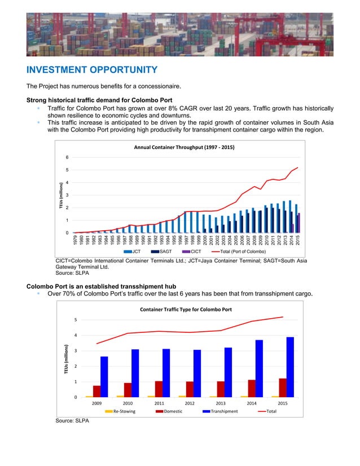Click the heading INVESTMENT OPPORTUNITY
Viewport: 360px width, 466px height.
click(91, 70)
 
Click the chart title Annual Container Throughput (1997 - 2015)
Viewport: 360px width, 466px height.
click(183, 147)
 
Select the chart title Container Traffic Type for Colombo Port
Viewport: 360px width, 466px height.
click(186, 309)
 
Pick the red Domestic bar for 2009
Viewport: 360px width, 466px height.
click(97, 391)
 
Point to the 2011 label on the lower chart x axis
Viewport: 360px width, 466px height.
click(159, 404)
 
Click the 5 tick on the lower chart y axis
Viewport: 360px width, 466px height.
click(76, 320)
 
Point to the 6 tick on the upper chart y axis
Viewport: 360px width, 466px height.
click(68, 157)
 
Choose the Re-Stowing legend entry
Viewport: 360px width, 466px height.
click(120, 411)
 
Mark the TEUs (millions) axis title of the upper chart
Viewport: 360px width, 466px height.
click(60, 195)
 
